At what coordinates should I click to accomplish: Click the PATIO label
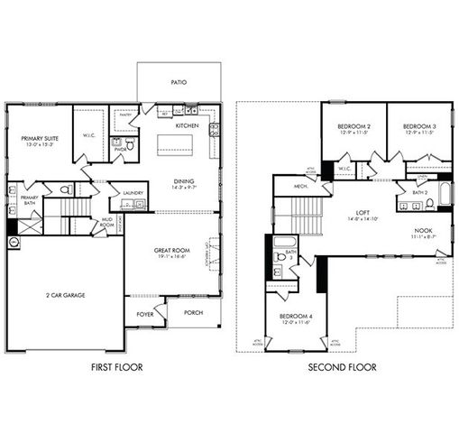(179, 82)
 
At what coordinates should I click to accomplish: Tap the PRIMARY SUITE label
(39, 138)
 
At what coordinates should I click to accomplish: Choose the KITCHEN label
(186, 125)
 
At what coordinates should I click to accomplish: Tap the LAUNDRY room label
(134, 192)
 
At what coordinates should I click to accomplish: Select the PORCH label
(191, 313)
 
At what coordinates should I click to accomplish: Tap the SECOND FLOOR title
(342, 368)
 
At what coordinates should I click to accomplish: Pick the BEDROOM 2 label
(353, 125)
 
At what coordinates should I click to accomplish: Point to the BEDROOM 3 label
(419, 125)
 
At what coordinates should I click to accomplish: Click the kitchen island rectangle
(174, 144)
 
